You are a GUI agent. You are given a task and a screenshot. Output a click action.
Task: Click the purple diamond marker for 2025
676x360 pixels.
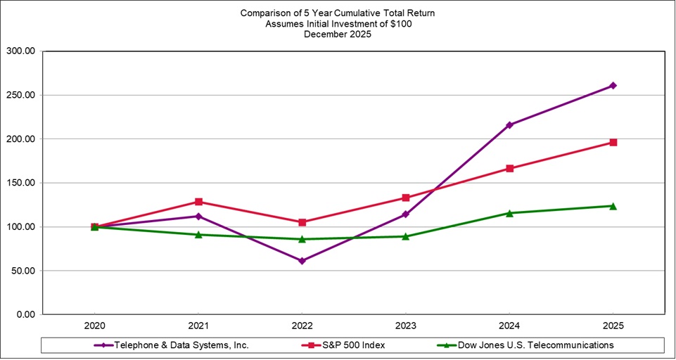pos(613,86)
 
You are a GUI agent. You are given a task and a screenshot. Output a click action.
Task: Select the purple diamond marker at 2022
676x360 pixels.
pos(302,261)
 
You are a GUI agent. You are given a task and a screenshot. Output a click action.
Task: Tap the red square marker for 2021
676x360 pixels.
pos(198,202)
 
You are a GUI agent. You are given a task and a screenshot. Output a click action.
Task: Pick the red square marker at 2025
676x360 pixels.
pos(613,143)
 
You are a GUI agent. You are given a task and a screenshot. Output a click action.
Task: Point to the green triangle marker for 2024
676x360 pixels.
pos(509,213)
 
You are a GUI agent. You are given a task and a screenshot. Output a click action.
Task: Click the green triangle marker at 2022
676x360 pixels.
pos(302,239)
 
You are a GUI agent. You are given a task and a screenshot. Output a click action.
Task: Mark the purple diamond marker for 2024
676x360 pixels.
pos(509,125)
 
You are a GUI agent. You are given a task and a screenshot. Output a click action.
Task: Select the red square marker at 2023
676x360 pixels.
pos(405,198)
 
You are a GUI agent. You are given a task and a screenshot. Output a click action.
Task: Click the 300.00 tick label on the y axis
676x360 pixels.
pos(20,51)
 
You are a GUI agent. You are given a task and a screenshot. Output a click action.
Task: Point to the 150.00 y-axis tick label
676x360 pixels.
pos(20,183)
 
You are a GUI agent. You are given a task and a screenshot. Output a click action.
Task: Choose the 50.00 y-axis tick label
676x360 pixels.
pos(23,271)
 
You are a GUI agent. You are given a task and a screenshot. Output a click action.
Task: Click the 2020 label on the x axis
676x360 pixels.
pos(95,327)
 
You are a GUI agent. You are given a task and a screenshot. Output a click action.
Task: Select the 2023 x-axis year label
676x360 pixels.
pos(405,327)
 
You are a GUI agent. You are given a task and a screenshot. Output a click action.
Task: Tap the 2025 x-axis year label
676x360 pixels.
pos(613,327)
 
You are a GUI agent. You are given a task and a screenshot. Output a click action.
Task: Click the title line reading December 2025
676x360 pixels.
pos(338,34)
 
